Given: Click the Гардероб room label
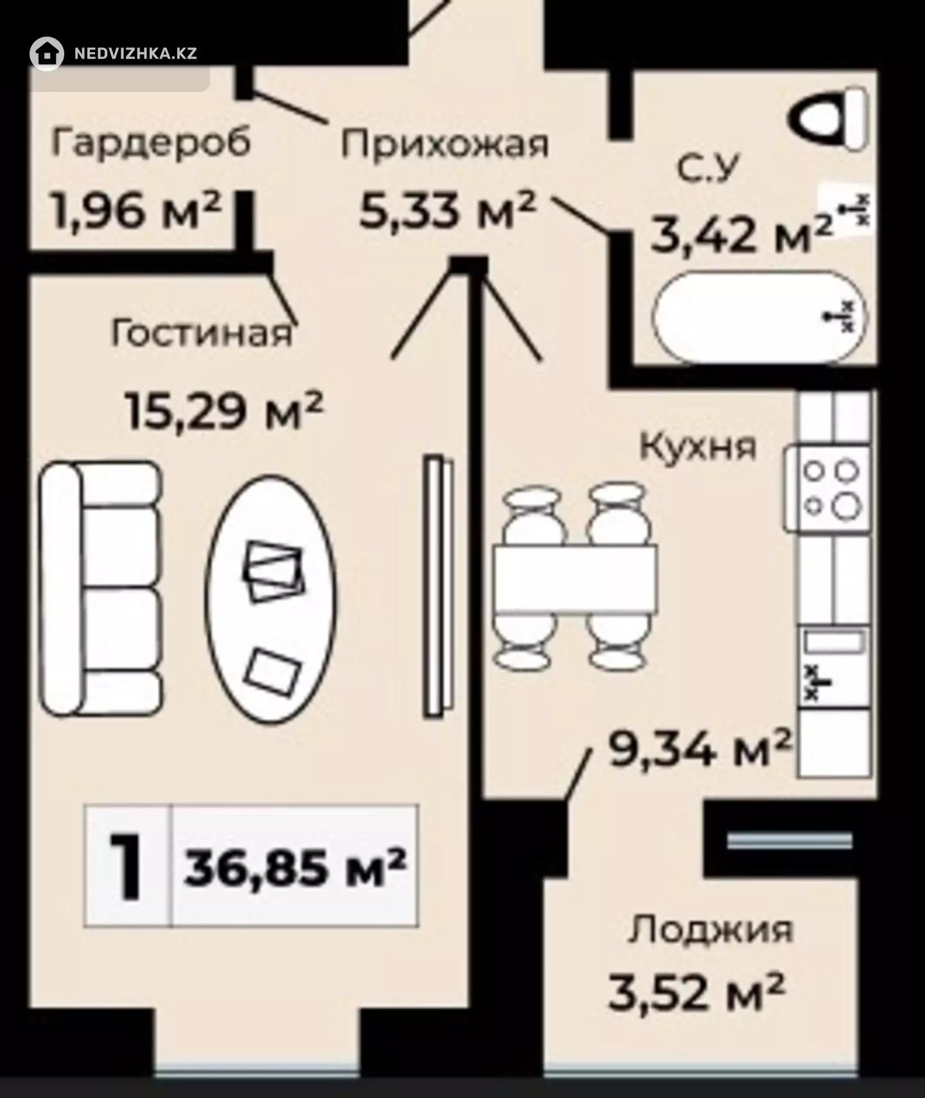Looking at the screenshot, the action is coord(151,144).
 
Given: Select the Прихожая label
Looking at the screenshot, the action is coord(445,145).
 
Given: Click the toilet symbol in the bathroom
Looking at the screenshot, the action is coord(829,120).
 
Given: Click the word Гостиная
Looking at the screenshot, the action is coord(202,334).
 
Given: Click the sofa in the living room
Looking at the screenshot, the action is coord(100,588).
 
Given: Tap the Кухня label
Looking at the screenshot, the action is coord(698,446).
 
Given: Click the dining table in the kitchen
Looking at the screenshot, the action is coord(575,578).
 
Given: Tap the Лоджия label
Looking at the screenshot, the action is coord(710,930).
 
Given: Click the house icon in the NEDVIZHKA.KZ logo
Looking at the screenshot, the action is coord(47,53).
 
